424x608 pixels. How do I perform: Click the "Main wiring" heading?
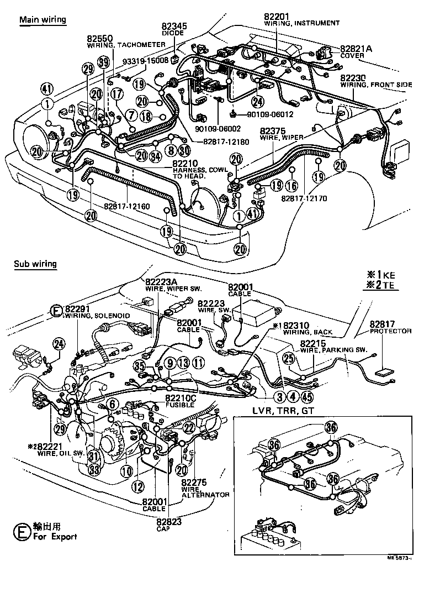tap(43, 20)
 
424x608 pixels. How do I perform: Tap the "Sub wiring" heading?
tap(35, 264)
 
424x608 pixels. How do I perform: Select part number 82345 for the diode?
tap(174, 25)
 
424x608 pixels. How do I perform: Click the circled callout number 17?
tap(116, 95)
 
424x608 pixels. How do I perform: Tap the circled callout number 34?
tap(156, 156)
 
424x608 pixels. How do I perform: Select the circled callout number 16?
tap(291, 185)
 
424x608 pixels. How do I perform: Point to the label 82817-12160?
tap(126, 207)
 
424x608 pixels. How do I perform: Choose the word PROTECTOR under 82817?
tap(390, 331)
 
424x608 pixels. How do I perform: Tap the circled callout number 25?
tap(288, 358)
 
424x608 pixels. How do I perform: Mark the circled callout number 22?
tap(189, 427)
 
